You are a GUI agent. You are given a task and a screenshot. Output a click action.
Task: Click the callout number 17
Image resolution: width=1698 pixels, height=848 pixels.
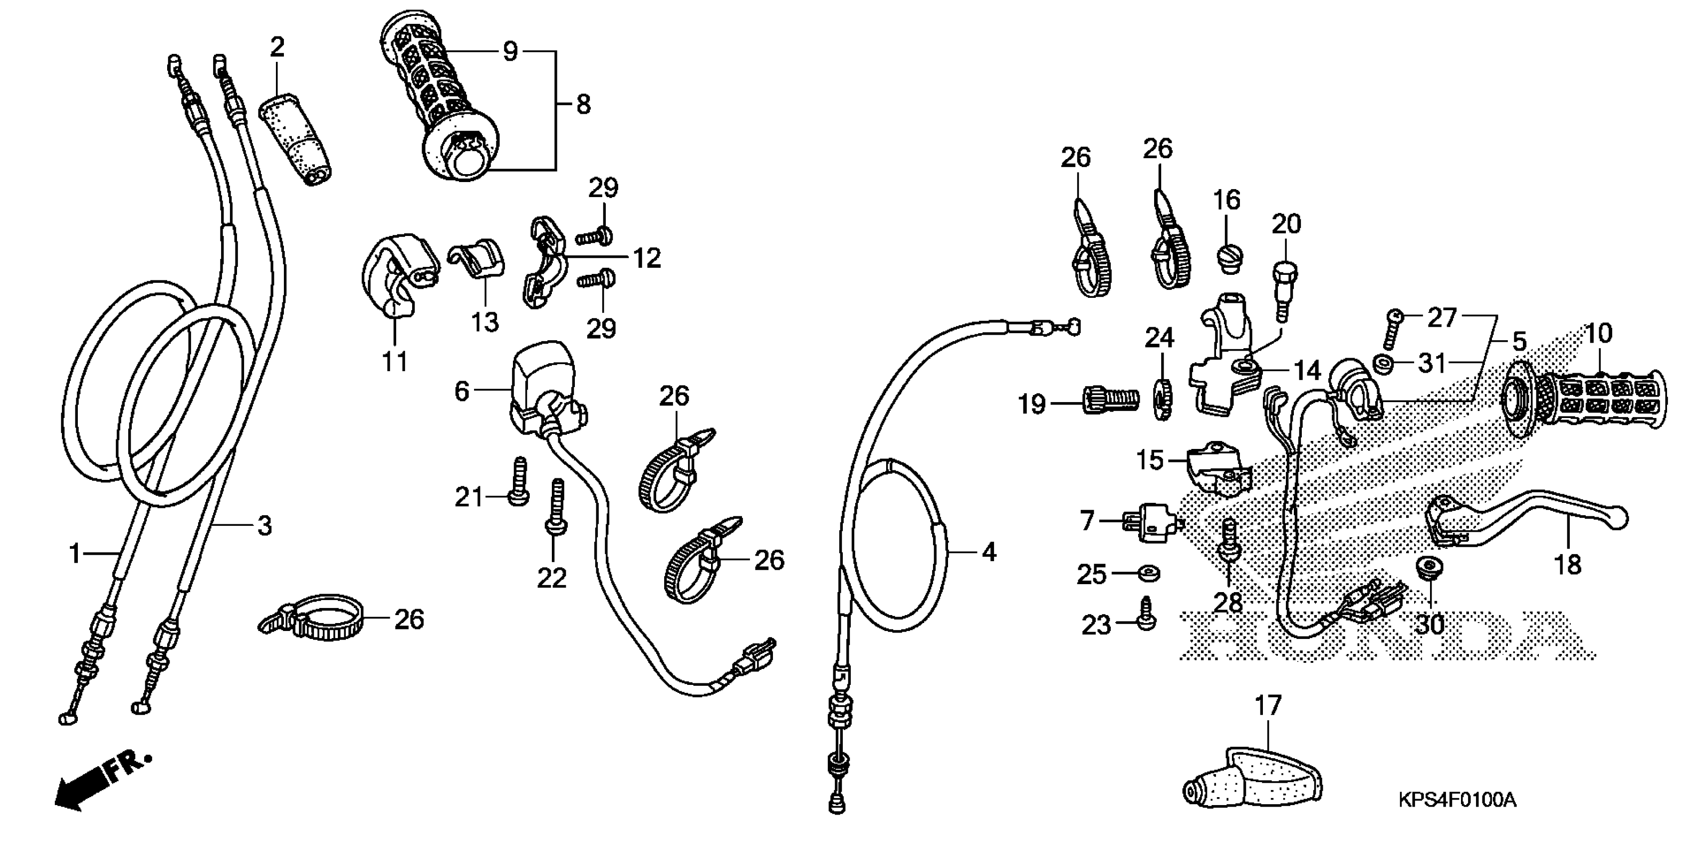[x=1267, y=706]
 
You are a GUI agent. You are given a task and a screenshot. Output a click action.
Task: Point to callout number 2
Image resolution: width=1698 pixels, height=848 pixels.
[x=277, y=47]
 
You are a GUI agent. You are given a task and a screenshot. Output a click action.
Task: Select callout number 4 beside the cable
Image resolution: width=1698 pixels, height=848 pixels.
[x=989, y=552]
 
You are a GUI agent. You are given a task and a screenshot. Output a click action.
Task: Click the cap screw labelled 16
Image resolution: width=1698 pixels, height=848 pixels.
[x=1226, y=258]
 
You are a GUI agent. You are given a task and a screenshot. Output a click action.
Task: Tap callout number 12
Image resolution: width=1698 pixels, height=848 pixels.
[x=647, y=258]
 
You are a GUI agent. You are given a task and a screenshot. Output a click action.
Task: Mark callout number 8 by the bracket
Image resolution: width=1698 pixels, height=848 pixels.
[x=583, y=104]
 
